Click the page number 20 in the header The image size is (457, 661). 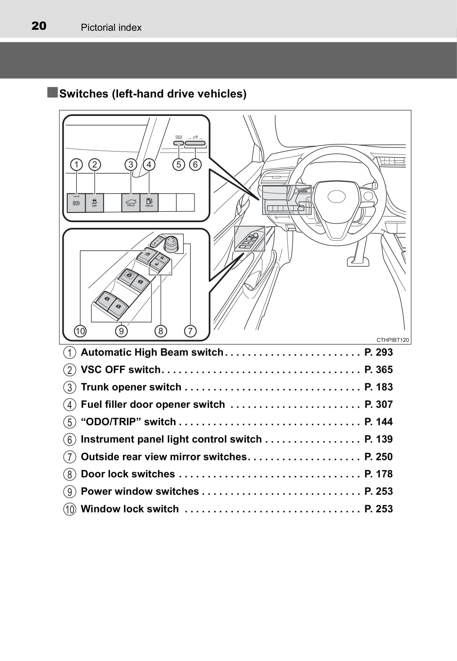(39, 26)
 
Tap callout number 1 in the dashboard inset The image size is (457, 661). (76, 165)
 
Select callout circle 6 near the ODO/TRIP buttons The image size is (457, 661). (195, 165)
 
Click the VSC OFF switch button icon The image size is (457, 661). (94, 203)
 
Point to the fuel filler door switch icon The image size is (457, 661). (149, 202)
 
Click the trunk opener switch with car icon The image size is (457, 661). (131, 202)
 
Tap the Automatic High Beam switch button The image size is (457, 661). (76, 203)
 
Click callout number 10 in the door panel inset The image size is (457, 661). (80, 331)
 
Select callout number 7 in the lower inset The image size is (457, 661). (190, 331)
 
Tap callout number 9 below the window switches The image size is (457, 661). (121, 331)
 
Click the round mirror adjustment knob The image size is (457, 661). (172, 243)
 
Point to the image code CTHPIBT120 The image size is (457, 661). (393, 340)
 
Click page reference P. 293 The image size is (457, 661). (379, 352)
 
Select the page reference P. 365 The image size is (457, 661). (379, 370)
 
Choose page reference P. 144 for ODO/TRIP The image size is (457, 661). (379, 422)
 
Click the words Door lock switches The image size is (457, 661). (128, 474)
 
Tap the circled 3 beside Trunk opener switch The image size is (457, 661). (70, 388)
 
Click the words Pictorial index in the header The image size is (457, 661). (111, 28)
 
